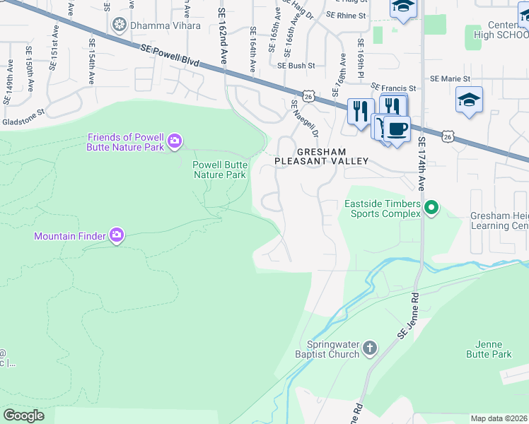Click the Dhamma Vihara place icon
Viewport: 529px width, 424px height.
119,25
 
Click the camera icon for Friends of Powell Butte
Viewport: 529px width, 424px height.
174,142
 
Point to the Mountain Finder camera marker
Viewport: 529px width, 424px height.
117,235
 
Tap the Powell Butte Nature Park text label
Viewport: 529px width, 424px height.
219,170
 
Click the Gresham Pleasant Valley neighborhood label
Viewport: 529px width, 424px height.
322,156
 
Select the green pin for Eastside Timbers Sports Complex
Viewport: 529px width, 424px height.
431,208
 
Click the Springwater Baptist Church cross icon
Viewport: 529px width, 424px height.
369,347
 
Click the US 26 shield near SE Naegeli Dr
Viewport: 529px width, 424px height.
308,95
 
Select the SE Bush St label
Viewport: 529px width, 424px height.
296,65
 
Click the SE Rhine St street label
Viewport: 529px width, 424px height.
346,15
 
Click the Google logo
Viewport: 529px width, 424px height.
23,416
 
